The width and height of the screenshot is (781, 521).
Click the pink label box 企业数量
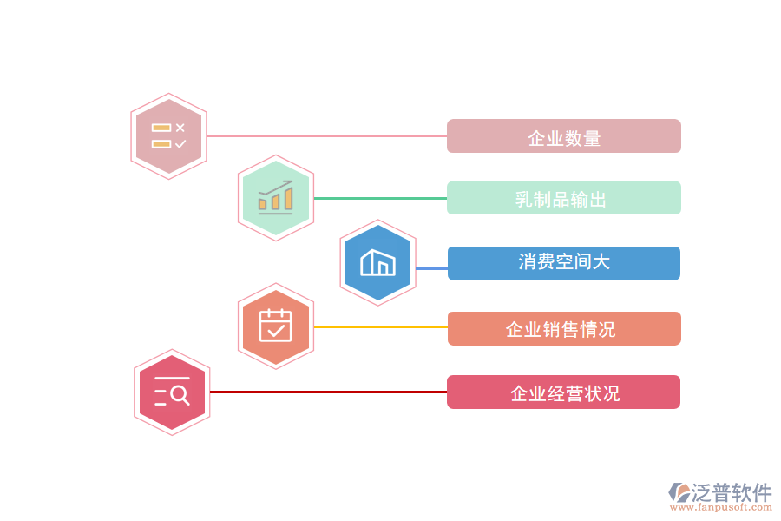tap(564, 136)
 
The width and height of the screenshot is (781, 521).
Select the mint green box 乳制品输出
tap(564, 198)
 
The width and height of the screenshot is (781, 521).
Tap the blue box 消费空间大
tap(564, 263)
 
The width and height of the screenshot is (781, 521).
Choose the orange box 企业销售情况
tap(564, 329)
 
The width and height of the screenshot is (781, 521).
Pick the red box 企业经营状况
tap(564, 392)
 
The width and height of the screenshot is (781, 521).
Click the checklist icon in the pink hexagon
tap(168, 136)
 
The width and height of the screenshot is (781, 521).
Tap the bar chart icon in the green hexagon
tap(276, 198)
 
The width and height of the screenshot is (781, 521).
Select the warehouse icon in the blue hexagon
tap(377, 262)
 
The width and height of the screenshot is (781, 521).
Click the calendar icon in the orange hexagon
tap(276, 326)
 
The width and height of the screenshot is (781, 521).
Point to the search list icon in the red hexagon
tap(172, 392)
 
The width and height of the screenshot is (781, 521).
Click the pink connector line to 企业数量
tap(325, 135)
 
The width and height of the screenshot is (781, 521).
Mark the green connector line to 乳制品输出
tap(380, 198)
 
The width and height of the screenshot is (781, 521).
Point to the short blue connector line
tap(431, 268)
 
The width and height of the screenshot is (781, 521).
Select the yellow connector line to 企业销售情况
tap(380, 326)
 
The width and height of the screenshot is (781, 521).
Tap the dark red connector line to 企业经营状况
tap(328, 392)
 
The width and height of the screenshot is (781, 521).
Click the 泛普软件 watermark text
tap(732, 493)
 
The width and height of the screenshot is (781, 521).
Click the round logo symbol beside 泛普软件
tap(679, 493)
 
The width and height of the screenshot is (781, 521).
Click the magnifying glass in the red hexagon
tap(180, 395)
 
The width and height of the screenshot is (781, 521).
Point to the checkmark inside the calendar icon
tap(276, 330)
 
